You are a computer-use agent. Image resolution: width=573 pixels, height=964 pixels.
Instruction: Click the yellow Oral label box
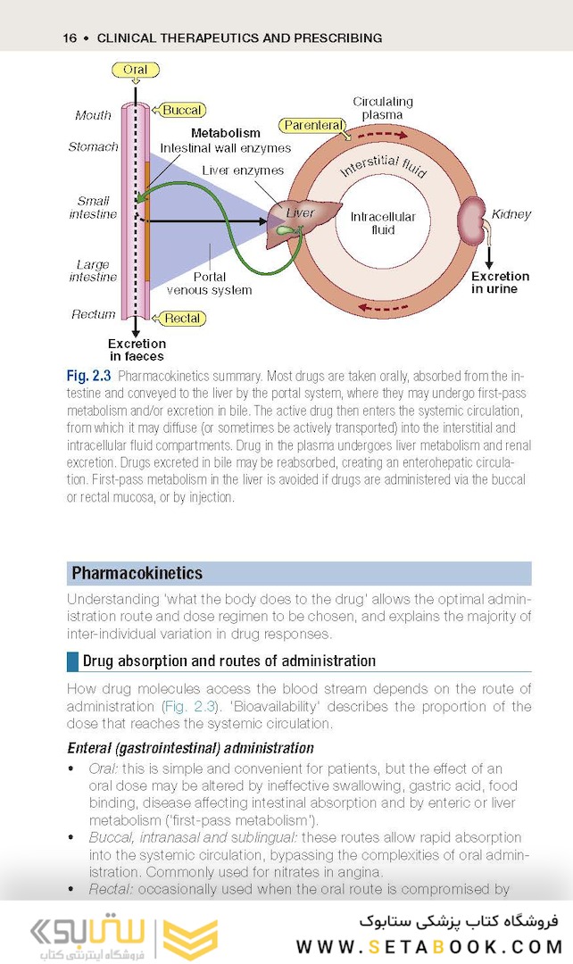(x=135, y=70)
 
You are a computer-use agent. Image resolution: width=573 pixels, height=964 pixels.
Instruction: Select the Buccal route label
(x=182, y=110)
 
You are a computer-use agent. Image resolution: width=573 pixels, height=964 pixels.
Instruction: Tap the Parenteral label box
(x=312, y=126)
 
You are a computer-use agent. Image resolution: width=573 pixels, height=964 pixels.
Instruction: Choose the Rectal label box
(x=182, y=318)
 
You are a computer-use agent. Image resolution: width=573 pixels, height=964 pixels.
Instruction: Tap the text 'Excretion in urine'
(x=500, y=282)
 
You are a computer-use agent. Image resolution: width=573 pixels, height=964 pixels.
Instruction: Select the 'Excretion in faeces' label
(x=137, y=349)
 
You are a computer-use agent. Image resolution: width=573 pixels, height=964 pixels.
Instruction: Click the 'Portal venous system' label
(x=210, y=283)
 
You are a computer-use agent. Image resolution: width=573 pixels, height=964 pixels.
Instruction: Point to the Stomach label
(x=94, y=146)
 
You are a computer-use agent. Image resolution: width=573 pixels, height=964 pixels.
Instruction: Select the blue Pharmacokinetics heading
(x=137, y=573)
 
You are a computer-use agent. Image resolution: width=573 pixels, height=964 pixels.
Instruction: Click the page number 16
(x=70, y=37)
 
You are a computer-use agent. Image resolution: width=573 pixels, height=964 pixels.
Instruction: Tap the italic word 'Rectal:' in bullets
(x=112, y=889)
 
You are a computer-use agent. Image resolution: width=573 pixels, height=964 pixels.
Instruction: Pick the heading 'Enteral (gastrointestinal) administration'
(x=190, y=747)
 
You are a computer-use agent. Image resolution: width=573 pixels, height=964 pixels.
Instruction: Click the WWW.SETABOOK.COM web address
(x=429, y=946)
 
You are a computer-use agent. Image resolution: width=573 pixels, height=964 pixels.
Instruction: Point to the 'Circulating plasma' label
(x=382, y=108)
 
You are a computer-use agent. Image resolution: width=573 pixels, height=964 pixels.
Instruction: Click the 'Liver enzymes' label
(x=243, y=170)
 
